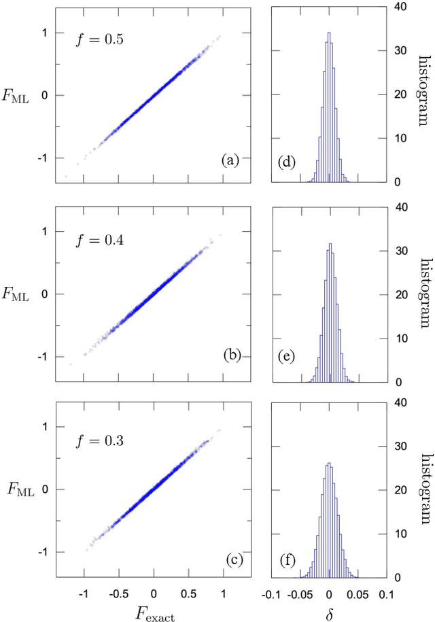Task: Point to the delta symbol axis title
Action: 329,610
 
